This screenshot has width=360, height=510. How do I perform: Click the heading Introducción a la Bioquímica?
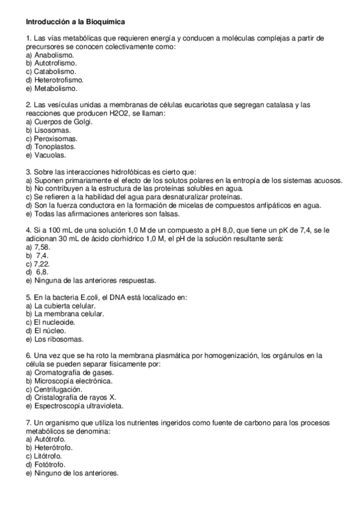coord(75,22)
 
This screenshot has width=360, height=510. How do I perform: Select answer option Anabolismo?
coord(53,55)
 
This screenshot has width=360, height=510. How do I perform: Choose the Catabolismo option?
coord(55,71)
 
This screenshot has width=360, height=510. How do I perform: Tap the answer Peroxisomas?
coord(55,138)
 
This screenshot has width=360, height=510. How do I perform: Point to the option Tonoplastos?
coord(55,146)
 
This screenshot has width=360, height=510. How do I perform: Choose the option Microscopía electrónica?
coord(73,380)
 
